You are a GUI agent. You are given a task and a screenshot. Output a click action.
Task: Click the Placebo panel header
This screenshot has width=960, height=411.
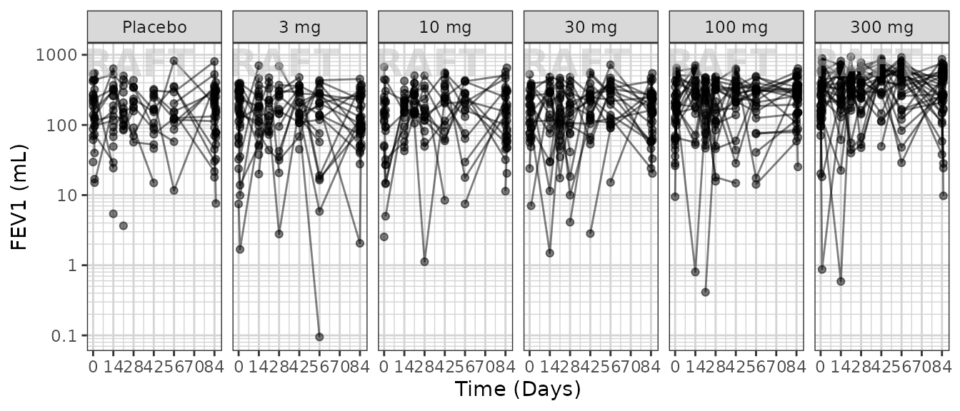(154, 28)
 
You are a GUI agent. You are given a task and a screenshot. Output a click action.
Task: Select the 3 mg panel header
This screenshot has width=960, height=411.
(299, 28)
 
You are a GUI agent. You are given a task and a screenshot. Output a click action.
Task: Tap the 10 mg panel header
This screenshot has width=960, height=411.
(445, 28)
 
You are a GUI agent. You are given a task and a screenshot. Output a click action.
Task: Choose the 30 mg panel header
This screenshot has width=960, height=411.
(591, 28)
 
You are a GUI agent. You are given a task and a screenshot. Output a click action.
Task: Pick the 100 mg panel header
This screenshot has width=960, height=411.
(736, 28)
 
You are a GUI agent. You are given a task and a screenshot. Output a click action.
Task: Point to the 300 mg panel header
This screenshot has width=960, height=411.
(881, 28)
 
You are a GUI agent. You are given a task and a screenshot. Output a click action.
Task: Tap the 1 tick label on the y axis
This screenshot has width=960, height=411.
(73, 265)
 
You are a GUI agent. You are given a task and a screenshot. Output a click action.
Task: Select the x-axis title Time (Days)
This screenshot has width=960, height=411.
(518, 390)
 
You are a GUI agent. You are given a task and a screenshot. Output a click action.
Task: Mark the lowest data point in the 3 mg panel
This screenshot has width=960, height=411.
(319, 337)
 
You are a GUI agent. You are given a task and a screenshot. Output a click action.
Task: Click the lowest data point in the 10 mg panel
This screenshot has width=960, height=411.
(424, 262)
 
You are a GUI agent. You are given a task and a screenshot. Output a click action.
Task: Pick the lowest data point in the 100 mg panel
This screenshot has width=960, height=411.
(705, 292)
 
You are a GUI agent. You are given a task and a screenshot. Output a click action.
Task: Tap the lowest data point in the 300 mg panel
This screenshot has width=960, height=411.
(841, 281)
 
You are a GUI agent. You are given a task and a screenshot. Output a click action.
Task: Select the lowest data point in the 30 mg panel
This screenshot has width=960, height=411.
(549, 253)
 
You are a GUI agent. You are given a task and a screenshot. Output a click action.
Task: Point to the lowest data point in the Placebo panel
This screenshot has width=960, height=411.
(124, 225)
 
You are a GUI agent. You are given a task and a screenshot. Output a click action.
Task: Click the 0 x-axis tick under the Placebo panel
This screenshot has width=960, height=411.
(93, 366)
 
